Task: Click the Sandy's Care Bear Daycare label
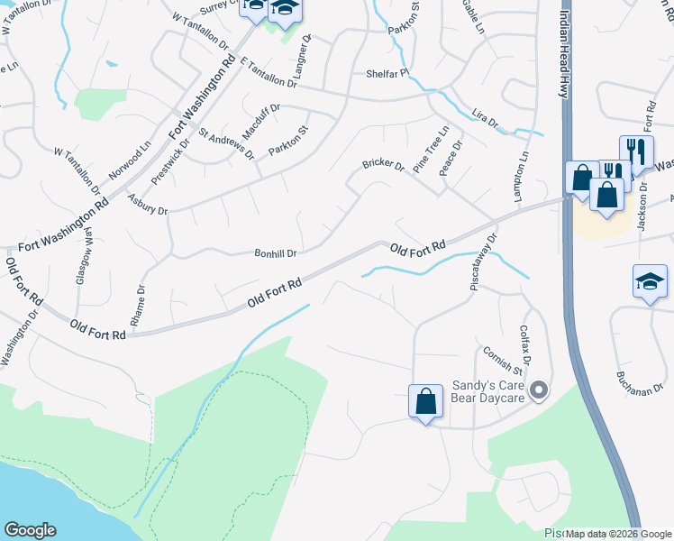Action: click(487, 390)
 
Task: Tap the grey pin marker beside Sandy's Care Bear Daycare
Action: click(539, 390)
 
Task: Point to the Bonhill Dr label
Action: click(276, 253)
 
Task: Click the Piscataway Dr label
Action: click(484, 257)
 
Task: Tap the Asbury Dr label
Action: click(148, 205)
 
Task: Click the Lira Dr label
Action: click(485, 121)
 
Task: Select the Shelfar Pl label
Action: click(387, 74)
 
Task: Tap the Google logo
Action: click(30, 530)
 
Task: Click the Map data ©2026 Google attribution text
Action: click(618, 534)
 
